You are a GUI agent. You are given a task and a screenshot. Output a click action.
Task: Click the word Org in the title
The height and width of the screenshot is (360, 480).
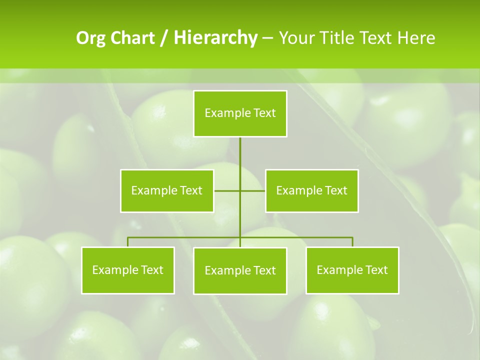[91, 38]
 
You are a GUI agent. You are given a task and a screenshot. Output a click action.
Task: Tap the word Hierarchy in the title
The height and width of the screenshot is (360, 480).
[215, 38]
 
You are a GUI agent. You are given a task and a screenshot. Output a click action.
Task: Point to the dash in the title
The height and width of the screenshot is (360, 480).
[267, 38]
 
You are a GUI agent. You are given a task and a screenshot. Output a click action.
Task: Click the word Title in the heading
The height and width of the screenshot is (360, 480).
[337, 38]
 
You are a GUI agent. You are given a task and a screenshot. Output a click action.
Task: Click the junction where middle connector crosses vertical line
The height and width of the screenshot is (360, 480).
[240, 190]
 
